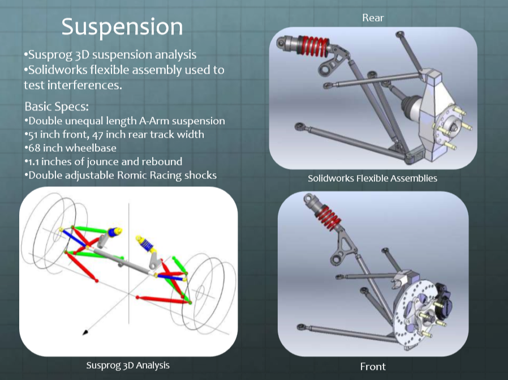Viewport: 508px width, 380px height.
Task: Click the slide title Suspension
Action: coord(122,27)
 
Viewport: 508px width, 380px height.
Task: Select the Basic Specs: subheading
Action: coord(57,106)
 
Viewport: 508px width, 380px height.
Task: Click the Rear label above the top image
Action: coord(373,18)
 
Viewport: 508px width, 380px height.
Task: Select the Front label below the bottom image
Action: coord(373,366)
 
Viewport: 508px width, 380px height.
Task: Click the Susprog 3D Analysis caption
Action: coord(128,365)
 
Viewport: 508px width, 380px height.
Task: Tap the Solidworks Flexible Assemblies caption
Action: coord(372,178)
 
